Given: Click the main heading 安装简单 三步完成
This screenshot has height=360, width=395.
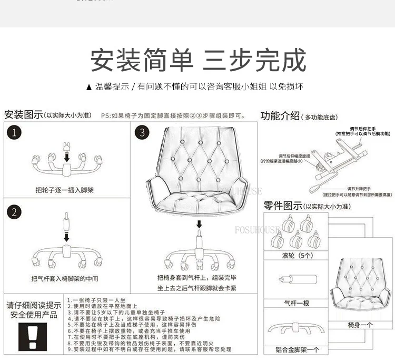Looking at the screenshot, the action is tap(198, 60).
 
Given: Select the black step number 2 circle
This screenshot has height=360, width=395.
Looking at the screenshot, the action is tap(15, 212).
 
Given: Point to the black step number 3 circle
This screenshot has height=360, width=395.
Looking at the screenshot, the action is tap(142, 133).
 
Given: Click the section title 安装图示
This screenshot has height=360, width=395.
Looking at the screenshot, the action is tap(23, 114).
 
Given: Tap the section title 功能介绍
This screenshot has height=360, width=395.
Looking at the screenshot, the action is tap(281, 116).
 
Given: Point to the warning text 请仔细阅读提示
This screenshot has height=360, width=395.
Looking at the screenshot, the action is tap(34, 305).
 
